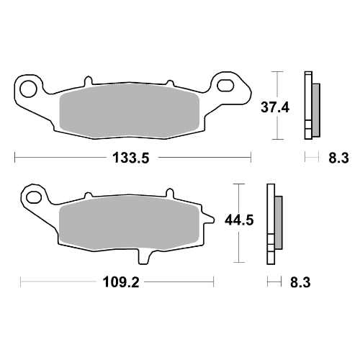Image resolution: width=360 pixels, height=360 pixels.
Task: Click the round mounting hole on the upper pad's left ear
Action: (x=30, y=89)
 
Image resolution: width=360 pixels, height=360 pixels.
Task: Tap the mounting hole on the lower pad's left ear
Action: (x=34, y=195)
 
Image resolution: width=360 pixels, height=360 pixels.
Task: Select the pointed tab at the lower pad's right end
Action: (x=210, y=218)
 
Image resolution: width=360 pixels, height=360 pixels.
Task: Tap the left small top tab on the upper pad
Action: (x=89, y=78)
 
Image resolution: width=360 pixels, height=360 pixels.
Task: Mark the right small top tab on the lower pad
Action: (x=170, y=194)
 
